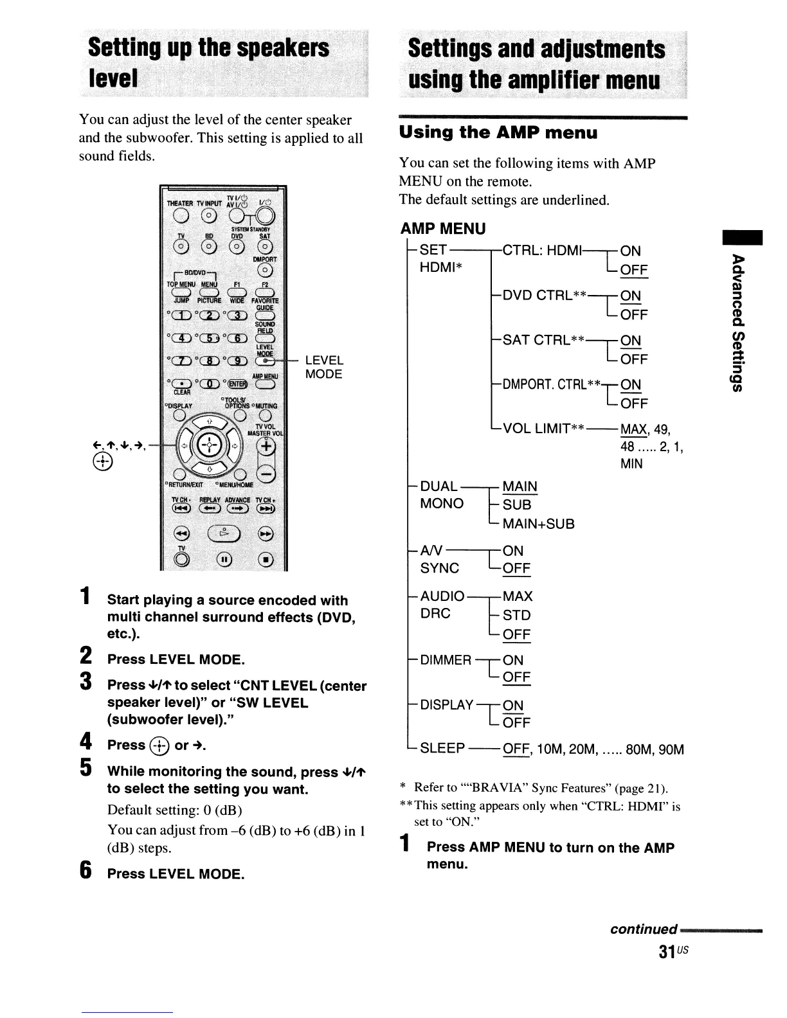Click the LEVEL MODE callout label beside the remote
324,367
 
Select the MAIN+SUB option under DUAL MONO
538,524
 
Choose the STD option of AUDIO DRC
516,615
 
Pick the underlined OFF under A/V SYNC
516,569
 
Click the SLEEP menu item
442,749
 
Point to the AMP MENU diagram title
443,229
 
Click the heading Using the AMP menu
498,133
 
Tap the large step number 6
84,871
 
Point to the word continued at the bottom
643,929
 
